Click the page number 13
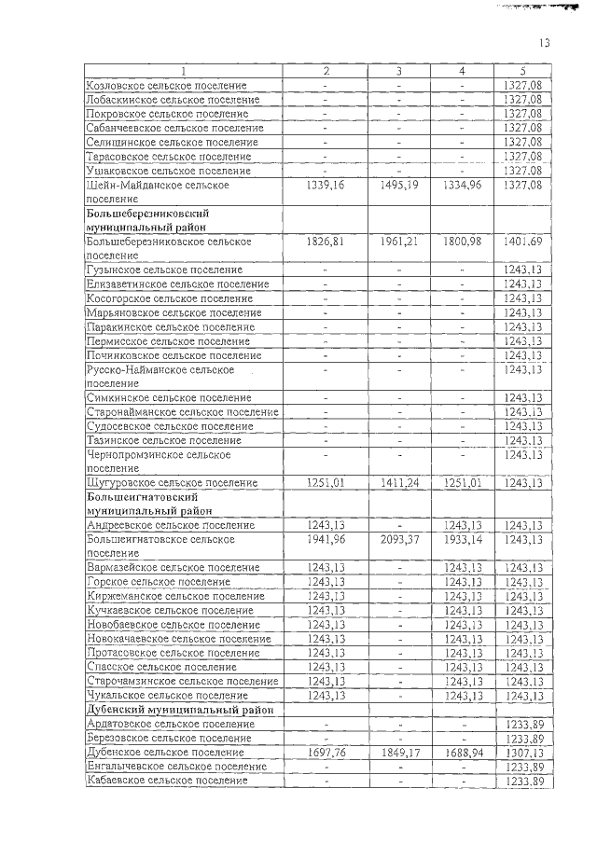[545, 43]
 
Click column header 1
[183, 71]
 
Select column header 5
[522, 71]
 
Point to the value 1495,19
[398, 185]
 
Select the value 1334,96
[462, 185]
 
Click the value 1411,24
[398, 483]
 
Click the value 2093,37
[398, 539]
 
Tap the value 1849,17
[398, 752]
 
